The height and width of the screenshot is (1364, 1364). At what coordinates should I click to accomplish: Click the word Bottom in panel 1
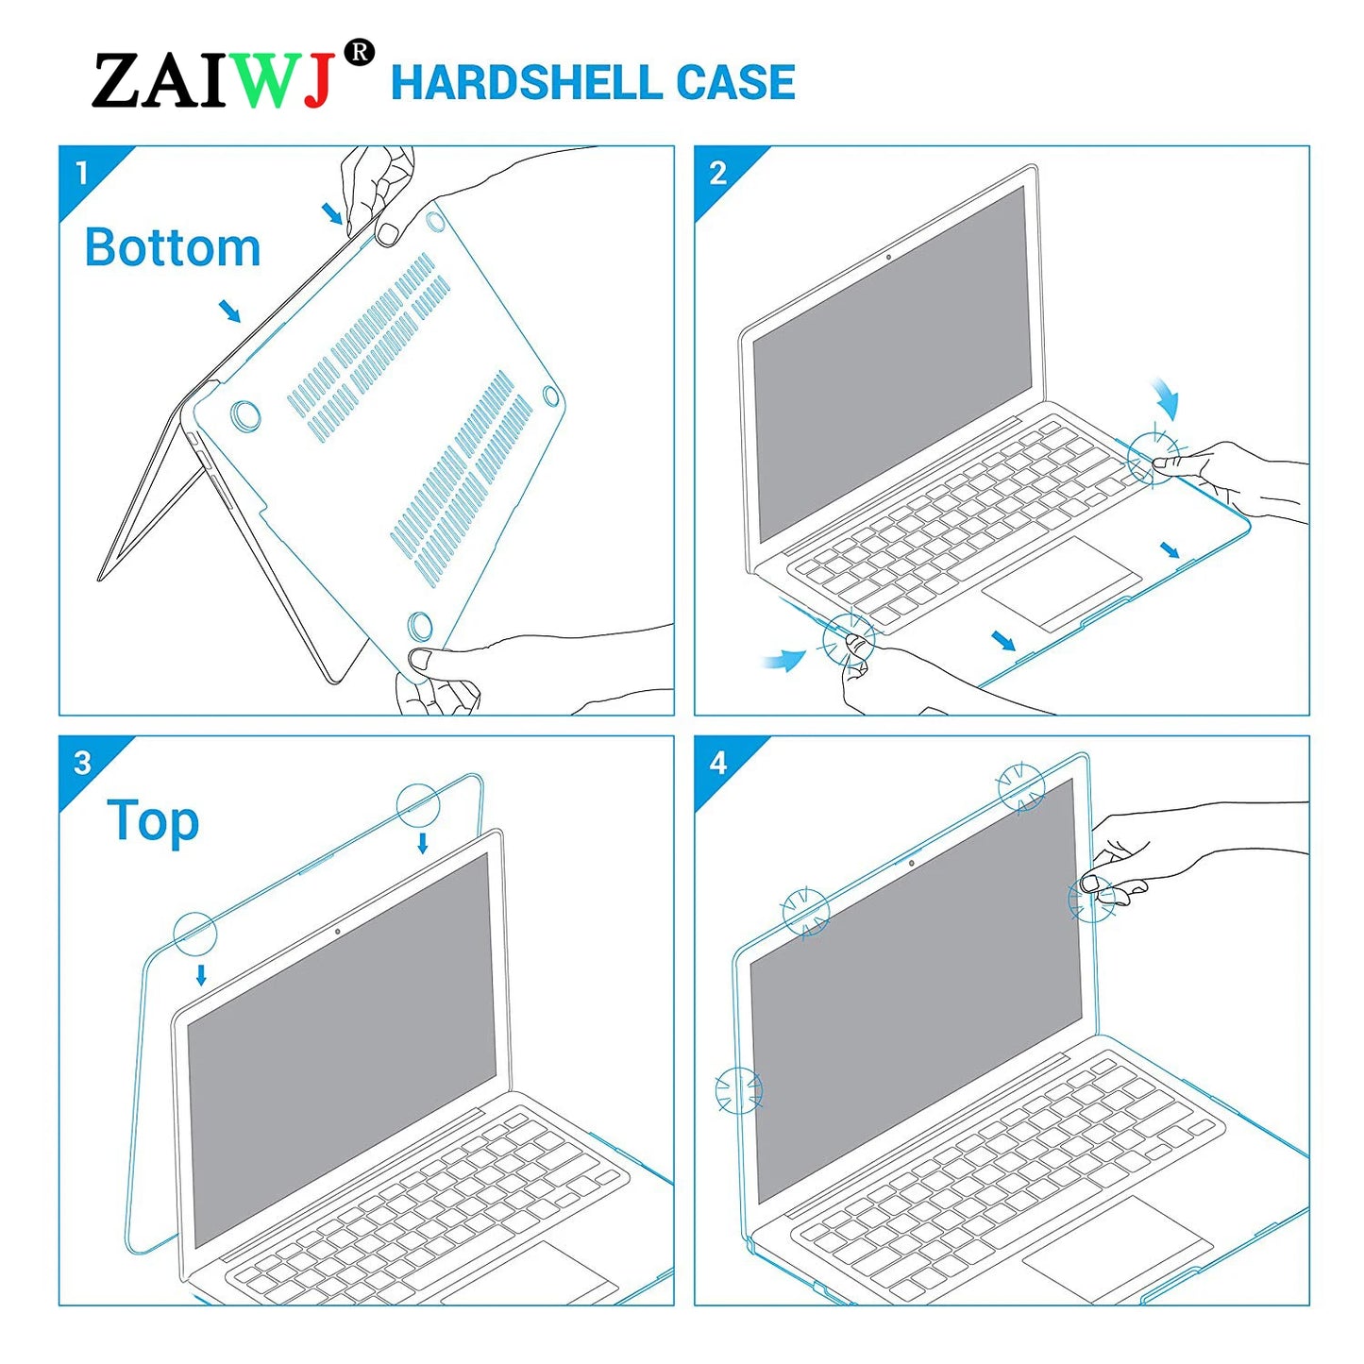[172, 247]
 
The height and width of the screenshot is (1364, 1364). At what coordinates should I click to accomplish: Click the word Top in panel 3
[153, 821]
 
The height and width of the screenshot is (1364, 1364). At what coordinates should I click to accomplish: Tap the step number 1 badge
[82, 173]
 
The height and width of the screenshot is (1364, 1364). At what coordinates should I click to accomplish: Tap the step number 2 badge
[717, 173]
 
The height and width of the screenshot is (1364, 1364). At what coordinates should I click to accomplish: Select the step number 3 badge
[82, 763]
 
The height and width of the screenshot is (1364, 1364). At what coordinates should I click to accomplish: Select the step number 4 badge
[717, 763]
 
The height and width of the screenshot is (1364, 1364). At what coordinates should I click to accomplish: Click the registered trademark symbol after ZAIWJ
[359, 53]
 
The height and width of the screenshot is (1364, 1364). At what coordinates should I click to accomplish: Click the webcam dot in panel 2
[888, 257]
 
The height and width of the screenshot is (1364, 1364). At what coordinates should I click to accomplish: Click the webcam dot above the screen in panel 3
[338, 932]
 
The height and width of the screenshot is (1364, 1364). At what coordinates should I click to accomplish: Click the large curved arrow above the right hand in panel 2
[1167, 399]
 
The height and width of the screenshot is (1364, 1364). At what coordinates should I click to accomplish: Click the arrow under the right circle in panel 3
[423, 842]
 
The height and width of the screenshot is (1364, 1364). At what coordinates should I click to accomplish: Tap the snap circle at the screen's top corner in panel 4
[1021, 786]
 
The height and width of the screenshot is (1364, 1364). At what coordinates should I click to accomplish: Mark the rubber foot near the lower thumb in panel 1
[420, 625]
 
